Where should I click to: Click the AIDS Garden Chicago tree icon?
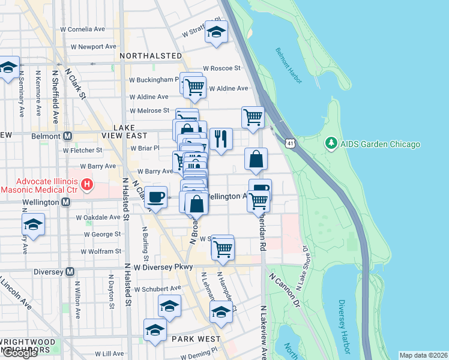(330, 144)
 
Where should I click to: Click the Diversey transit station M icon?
(70, 272)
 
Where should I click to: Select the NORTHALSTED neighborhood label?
(151, 56)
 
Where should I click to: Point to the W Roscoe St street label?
(221, 68)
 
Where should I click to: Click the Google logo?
(19, 353)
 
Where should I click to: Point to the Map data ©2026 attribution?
(423, 355)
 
